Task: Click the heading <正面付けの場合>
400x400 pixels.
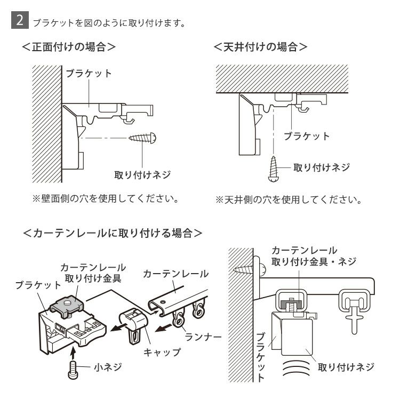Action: tap(69, 46)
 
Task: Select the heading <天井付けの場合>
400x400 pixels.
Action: tap(260, 46)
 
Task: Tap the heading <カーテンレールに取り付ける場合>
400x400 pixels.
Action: tap(113, 233)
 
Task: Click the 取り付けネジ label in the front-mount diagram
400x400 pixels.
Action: tap(143, 174)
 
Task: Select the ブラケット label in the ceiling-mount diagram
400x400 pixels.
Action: tap(306, 136)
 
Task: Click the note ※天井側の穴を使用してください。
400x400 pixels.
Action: tap(289, 201)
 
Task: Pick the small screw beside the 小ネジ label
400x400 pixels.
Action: tap(73, 369)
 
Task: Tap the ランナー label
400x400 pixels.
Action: tap(203, 337)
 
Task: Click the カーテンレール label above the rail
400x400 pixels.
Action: tap(175, 275)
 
